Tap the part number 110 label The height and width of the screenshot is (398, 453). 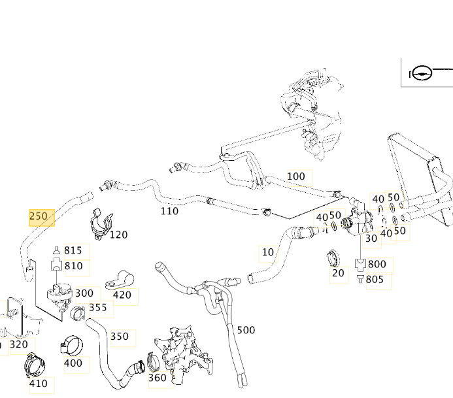(169, 211)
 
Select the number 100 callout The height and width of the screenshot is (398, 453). (296, 176)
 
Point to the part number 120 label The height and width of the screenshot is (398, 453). (118, 235)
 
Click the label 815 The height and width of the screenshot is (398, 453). (73, 251)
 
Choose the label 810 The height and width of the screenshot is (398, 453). (73, 267)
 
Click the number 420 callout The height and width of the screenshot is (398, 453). (122, 295)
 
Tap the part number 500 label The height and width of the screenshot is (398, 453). (246, 330)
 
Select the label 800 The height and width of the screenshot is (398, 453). (377, 265)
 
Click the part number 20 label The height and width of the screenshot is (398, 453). (337, 273)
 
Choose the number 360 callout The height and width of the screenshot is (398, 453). (157, 378)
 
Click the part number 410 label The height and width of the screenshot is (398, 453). (39, 384)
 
